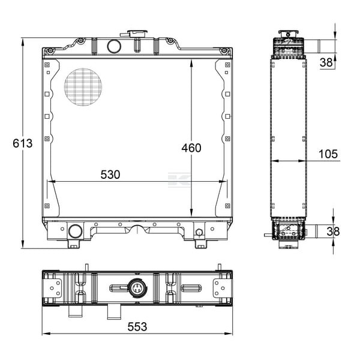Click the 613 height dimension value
[23, 143]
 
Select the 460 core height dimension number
[191, 148]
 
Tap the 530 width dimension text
[110, 175]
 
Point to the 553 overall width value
[137, 327]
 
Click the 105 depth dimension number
[328, 154]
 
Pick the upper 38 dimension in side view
[326, 62]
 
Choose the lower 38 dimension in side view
[333, 232]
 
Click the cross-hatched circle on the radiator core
[83, 87]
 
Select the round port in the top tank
[114, 46]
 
